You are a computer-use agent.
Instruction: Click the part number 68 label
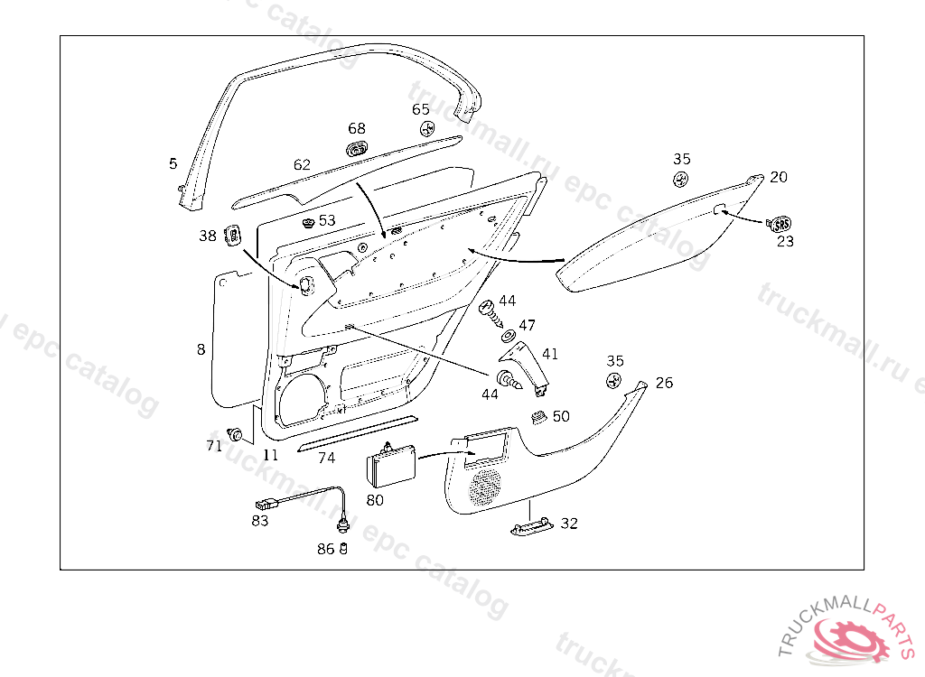coord(357,129)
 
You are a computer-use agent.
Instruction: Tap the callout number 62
coord(302,165)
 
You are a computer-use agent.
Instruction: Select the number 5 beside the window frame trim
coord(173,163)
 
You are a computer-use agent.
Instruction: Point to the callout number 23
coord(785,241)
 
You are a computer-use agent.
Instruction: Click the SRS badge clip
coord(779,223)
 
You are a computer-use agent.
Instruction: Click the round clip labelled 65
coord(428,128)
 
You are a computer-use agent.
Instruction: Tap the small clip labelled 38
coord(233,236)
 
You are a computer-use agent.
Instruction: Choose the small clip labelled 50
coord(537,416)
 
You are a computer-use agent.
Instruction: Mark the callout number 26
coord(664,383)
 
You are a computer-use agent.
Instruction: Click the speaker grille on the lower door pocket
coord(484,486)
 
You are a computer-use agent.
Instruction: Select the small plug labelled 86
coord(343,549)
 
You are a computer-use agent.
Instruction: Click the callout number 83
coord(260,520)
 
